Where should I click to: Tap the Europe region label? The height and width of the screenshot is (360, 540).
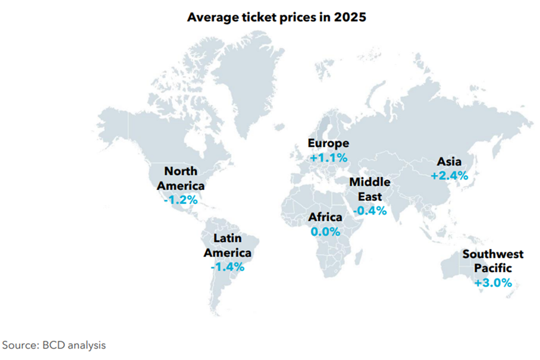point(328,144)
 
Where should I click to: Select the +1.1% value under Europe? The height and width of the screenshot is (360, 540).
point(328,157)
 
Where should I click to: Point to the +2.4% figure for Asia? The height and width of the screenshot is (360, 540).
point(450,175)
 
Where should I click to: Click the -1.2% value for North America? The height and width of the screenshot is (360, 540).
point(180,199)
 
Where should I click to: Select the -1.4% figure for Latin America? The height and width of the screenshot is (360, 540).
point(227,267)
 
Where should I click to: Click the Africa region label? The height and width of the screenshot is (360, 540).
point(325,217)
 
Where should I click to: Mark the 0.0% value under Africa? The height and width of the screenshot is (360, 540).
point(325,232)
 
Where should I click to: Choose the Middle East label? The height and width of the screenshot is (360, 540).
point(370,189)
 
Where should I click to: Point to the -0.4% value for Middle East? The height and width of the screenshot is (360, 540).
point(370,210)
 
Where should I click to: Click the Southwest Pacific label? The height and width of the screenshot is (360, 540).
point(493,261)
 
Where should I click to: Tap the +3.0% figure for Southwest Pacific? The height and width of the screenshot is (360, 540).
point(493,283)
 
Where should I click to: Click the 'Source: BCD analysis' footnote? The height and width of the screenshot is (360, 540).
point(54,346)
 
